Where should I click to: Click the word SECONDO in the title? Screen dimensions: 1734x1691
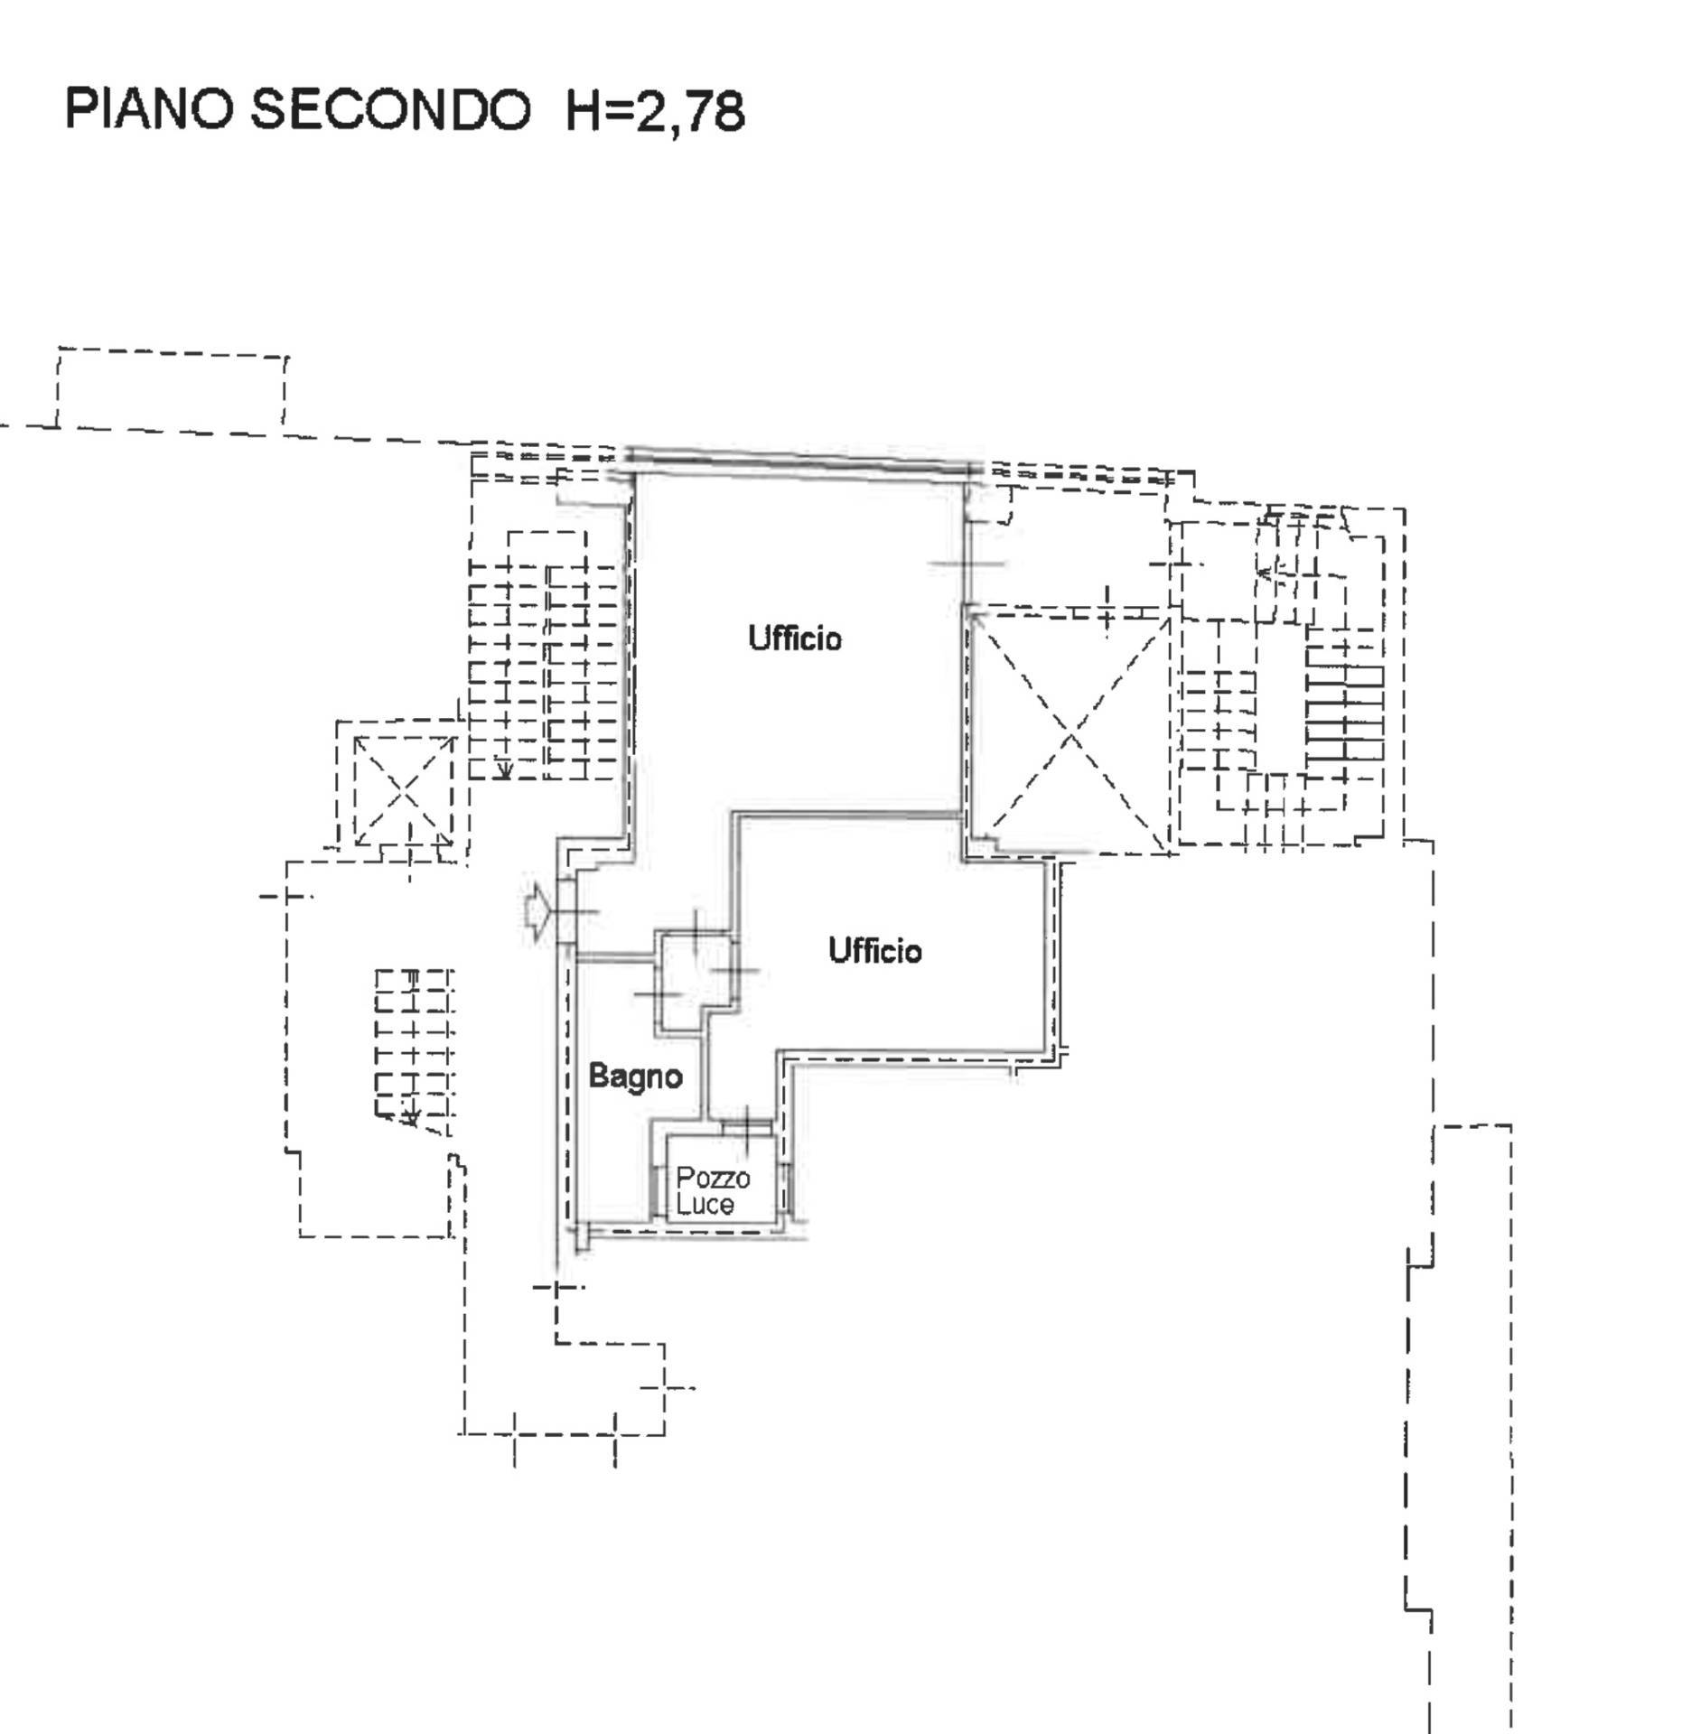389,110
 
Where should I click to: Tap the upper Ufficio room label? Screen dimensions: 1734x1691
795,639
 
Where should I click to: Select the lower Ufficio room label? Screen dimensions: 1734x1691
874,950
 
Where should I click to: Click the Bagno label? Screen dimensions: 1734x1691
635,1076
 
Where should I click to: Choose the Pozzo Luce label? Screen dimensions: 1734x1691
713,1190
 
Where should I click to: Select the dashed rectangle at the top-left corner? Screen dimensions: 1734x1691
172,388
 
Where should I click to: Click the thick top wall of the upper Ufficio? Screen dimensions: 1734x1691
799,460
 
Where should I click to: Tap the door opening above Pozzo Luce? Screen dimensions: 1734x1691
746,1125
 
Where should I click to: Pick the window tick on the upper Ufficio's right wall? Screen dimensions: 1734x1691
966,564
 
